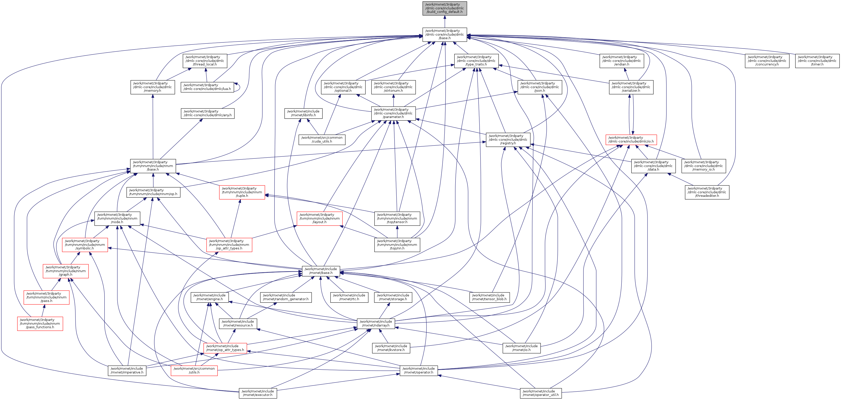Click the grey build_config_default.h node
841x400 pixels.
point(444,8)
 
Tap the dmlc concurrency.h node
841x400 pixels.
point(767,61)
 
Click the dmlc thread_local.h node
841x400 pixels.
point(205,61)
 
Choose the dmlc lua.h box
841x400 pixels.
point(207,87)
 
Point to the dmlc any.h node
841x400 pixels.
point(208,113)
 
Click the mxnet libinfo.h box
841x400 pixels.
point(303,113)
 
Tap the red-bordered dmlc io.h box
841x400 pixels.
point(631,140)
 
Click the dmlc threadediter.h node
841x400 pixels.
point(707,192)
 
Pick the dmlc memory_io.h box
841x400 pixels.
point(703,166)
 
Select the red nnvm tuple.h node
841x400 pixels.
point(242,192)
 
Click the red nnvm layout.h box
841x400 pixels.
point(319,218)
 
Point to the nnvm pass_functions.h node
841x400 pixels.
point(40,324)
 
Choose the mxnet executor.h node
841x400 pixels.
point(257,393)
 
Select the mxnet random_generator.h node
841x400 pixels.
point(286,297)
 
